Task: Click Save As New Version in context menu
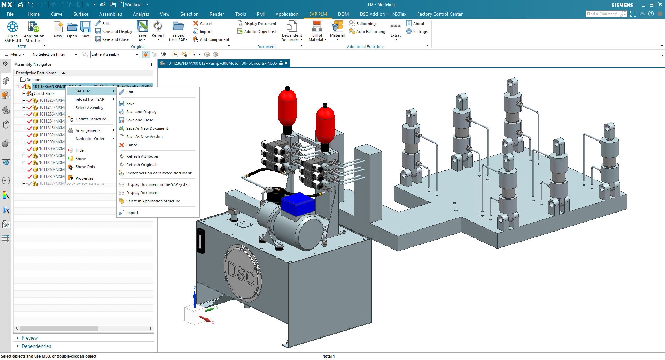point(144,137)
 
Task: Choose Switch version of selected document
point(159,173)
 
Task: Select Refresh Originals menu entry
point(142,165)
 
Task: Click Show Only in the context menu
point(85,167)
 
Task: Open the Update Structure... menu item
point(92,119)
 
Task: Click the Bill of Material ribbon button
point(317,31)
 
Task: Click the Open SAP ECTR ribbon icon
point(12,31)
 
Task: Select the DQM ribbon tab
point(343,14)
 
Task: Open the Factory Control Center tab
point(440,14)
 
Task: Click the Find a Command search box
point(603,14)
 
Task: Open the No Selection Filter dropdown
point(55,54)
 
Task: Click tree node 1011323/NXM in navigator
point(52,100)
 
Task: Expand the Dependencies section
point(36,346)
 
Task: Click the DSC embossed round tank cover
point(242,273)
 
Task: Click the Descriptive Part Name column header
point(36,73)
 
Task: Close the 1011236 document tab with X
point(286,63)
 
